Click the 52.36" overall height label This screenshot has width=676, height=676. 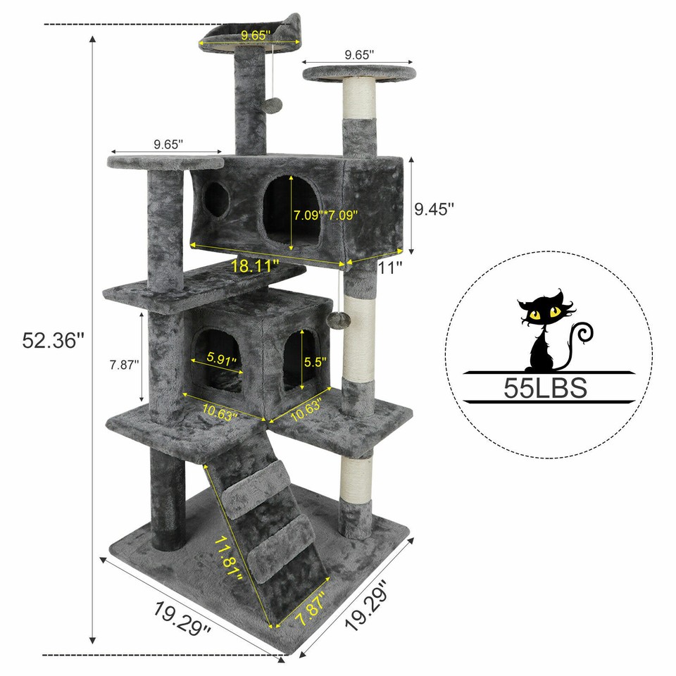point(53,340)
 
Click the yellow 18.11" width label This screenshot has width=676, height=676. point(255,266)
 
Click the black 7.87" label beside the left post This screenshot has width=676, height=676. point(124,364)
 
